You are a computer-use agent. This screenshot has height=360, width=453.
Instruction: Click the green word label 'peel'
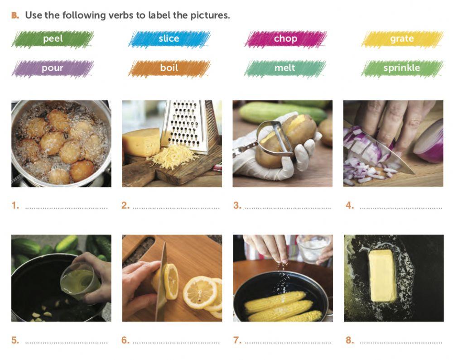pyautogui.click(x=53, y=39)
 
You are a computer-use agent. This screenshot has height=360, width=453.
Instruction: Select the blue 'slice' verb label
pyautogui.click(x=169, y=39)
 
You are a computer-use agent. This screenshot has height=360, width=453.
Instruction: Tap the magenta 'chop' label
pyautogui.click(x=285, y=39)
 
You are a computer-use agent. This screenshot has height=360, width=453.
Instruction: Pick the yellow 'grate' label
pyautogui.click(x=402, y=39)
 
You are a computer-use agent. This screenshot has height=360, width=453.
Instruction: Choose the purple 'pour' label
pyautogui.click(x=53, y=68)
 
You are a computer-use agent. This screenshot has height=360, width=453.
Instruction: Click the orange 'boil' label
pyautogui.click(x=169, y=68)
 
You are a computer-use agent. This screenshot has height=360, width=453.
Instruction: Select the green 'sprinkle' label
pyautogui.click(x=402, y=68)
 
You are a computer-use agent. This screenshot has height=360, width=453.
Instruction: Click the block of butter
pyautogui.click(x=382, y=275)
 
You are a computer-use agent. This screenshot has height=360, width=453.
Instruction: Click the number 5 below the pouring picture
pyautogui.click(x=15, y=341)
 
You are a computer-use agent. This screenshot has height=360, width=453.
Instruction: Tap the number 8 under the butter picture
pyautogui.click(x=349, y=341)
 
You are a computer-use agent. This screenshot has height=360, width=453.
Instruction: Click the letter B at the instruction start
pyautogui.click(x=15, y=15)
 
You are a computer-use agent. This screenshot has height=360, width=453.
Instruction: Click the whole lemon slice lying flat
pyautogui.click(x=200, y=293)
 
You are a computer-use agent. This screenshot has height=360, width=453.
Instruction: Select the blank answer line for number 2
pyautogui.click(x=176, y=208)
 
